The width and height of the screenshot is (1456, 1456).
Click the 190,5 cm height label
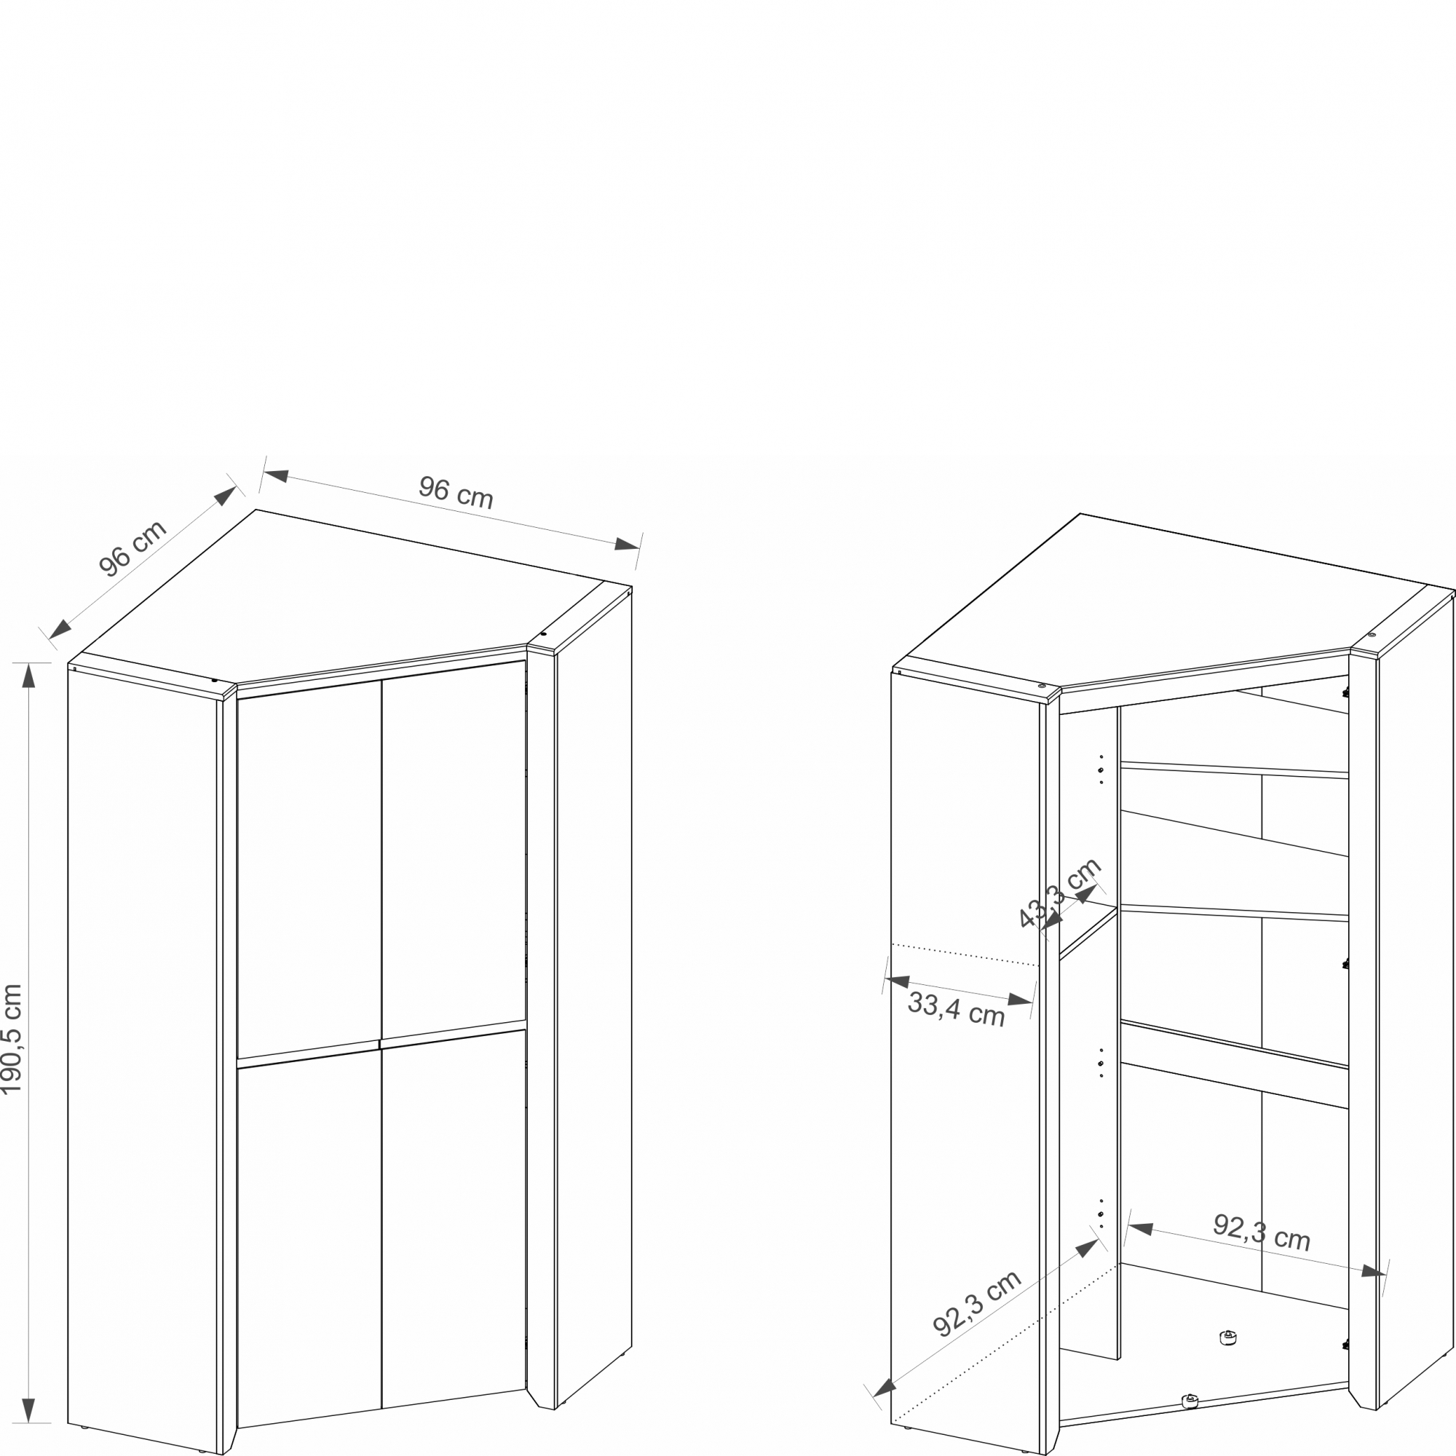(x=12, y=1040)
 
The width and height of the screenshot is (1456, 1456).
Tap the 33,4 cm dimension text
(x=957, y=1009)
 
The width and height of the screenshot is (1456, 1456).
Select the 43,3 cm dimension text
(x=1059, y=893)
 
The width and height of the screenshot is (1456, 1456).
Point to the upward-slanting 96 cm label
(x=132, y=548)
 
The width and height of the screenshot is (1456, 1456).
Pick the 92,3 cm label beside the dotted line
(x=977, y=1303)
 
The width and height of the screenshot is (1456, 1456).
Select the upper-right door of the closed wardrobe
(x=454, y=851)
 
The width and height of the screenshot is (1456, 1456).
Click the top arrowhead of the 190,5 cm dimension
(x=28, y=676)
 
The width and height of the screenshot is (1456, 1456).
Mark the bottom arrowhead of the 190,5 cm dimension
(x=28, y=1410)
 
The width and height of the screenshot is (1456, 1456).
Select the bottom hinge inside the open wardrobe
(x=1345, y=1344)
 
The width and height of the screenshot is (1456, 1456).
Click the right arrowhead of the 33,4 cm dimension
(x=1021, y=1000)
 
